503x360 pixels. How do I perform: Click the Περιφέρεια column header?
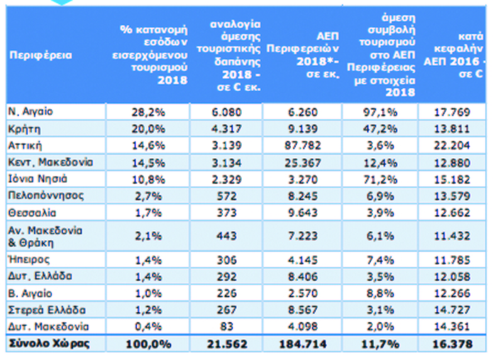[x=40, y=55]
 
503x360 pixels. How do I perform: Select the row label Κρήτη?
[x=24, y=129]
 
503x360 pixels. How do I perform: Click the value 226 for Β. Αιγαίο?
[x=226, y=293]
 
